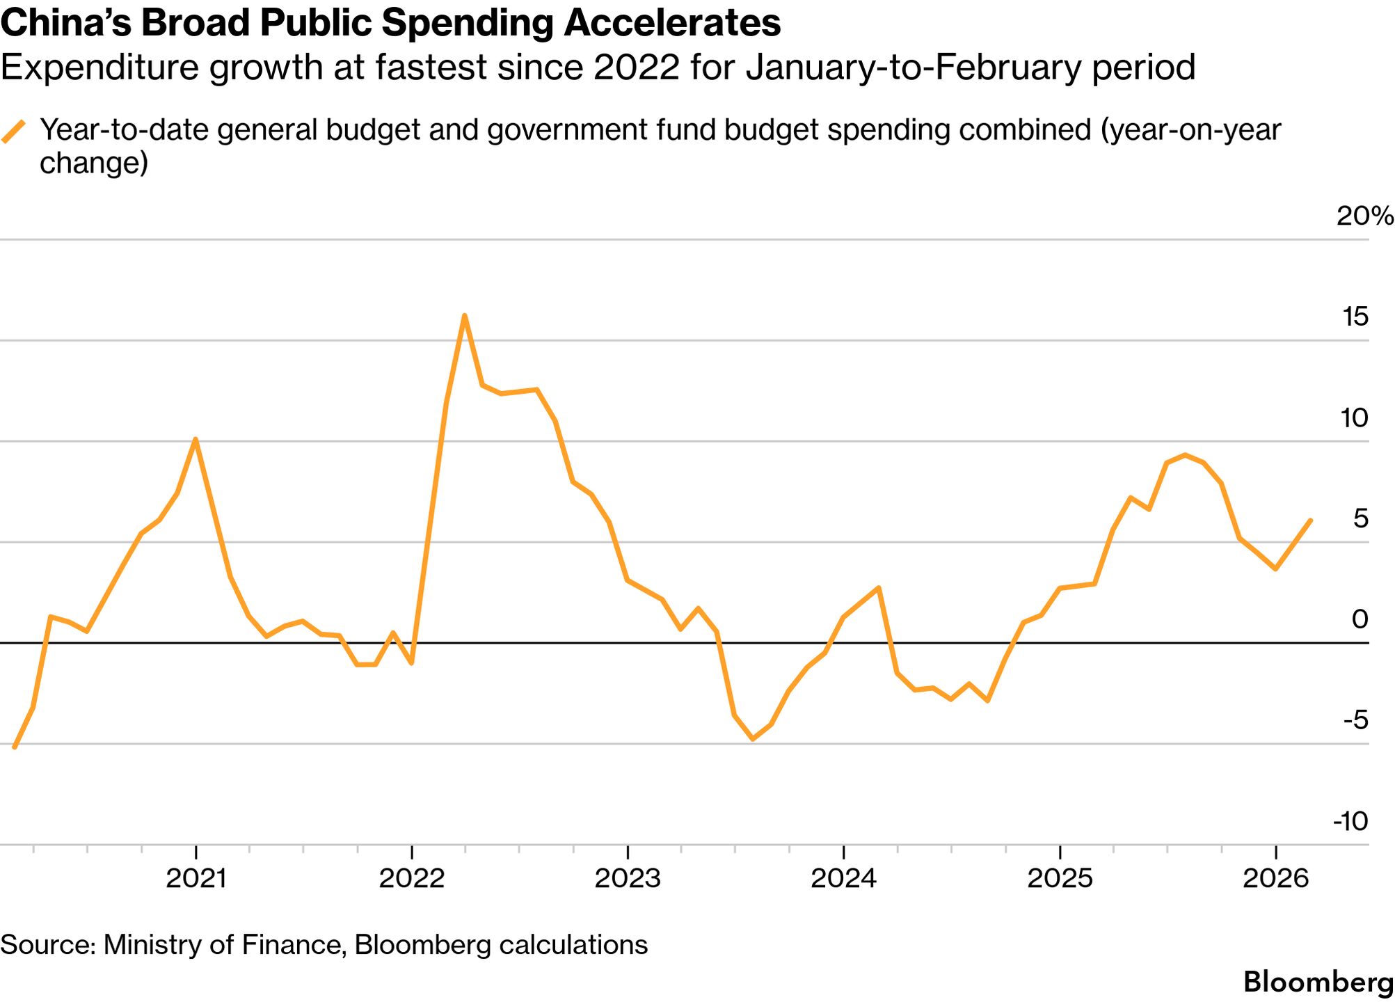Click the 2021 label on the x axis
(x=196, y=878)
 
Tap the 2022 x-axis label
(x=412, y=878)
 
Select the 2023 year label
(x=628, y=878)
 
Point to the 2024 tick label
(x=843, y=878)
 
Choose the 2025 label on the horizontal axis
(x=1060, y=878)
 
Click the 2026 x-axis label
(x=1275, y=878)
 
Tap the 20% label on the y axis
(x=1364, y=216)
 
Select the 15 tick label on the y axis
(x=1355, y=317)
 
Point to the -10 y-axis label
(x=1350, y=821)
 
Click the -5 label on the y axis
(x=1355, y=720)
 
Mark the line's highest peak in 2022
(x=464, y=316)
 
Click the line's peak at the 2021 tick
(x=196, y=439)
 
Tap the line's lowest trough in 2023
(x=753, y=739)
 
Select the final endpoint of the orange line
(x=1311, y=520)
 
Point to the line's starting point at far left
(x=15, y=747)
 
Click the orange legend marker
(x=14, y=131)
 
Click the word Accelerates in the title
(x=672, y=23)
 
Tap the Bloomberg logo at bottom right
(x=1318, y=982)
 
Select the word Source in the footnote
(x=46, y=945)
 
